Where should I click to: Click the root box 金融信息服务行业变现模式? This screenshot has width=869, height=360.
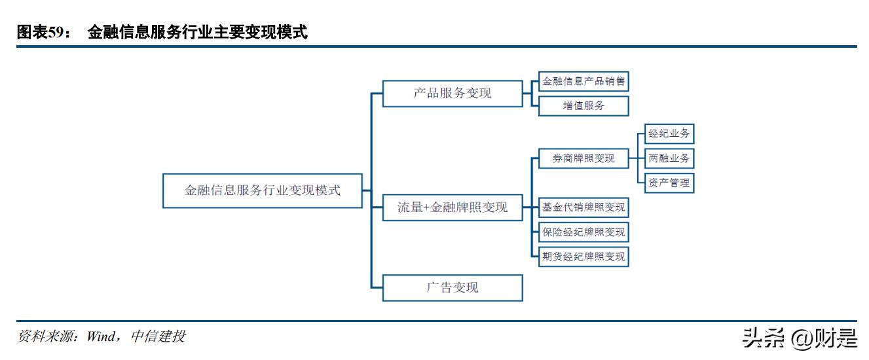click(262, 190)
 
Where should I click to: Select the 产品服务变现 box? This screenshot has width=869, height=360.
click(453, 94)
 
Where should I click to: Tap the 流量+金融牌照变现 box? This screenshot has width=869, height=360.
click(453, 207)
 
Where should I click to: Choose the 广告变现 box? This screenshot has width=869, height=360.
click(453, 287)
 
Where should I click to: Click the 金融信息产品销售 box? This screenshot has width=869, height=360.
click(583, 82)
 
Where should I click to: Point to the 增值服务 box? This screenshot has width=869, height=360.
click(583, 106)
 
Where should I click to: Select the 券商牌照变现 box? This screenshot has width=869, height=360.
click(583, 158)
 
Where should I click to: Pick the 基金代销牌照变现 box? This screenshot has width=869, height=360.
click(583, 207)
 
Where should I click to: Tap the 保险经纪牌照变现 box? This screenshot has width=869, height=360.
click(583, 232)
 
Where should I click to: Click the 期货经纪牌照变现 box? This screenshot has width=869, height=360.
click(583, 256)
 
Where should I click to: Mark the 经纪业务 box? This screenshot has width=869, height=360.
click(669, 134)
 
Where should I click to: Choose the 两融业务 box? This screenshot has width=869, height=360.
click(669, 158)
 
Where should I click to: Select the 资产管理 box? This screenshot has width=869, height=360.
click(669, 183)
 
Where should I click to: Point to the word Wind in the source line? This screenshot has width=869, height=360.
click(101, 336)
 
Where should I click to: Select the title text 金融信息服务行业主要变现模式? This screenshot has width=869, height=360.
click(197, 33)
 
